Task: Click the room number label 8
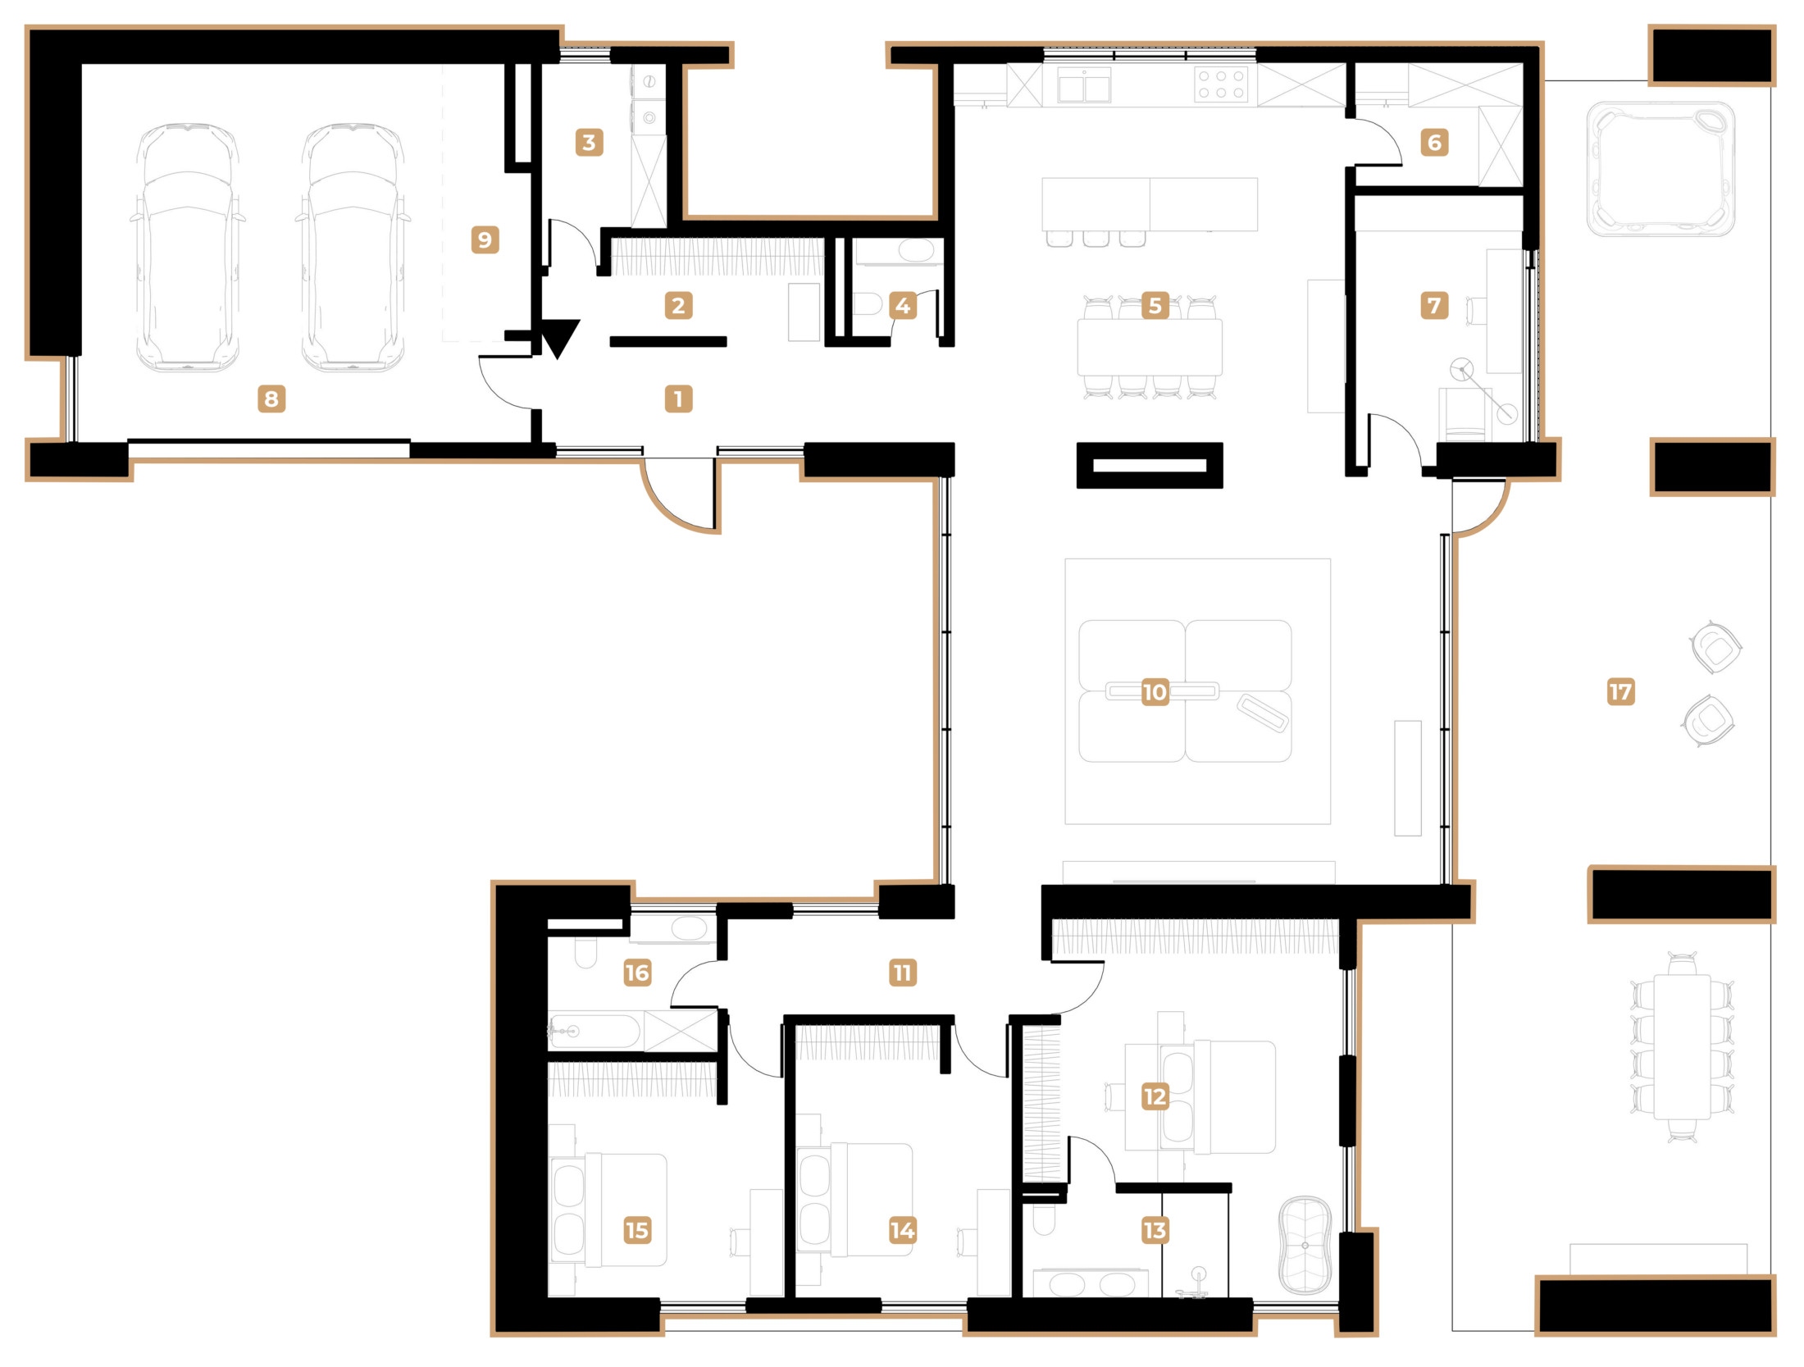[x=271, y=399]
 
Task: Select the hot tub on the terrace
[x=1660, y=170]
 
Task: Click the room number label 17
[x=1620, y=691]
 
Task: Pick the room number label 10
[x=1155, y=692]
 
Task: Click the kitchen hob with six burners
[x=1221, y=84]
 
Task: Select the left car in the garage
[x=188, y=248]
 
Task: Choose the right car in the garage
[x=353, y=248]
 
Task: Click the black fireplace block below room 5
[x=1150, y=466]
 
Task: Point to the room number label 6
[x=1434, y=143]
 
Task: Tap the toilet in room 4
[x=867, y=305]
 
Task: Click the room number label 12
[x=1155, y=1096]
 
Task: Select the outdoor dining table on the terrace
[x=1682, y=1047]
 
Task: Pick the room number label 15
[x=637, y=1230]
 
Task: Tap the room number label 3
[x=589, y=143]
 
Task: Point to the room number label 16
[x=637, y=973]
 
